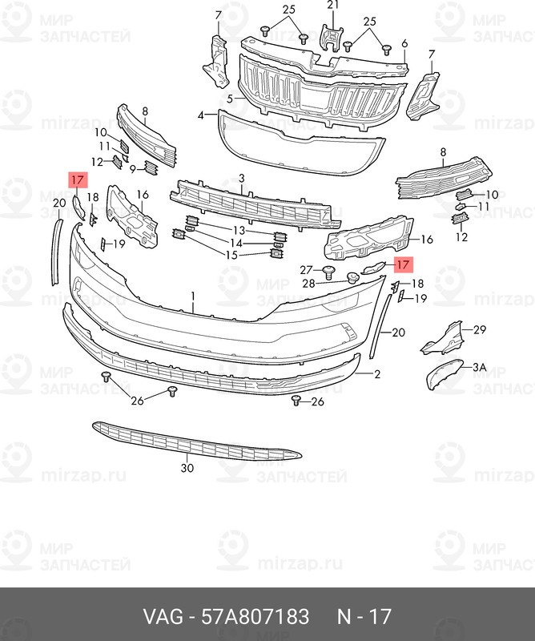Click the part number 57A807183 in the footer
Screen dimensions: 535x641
(255, 616)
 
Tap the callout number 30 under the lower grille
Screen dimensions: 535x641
(187, 468)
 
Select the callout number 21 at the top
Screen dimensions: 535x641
(333, 5)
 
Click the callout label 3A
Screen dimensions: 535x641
(480, 368)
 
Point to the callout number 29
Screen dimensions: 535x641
(480, 329)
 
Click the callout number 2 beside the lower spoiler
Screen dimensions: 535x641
(377, 374)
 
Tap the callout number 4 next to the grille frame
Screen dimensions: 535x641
(201, 115)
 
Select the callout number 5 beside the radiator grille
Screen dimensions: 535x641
(230, 99)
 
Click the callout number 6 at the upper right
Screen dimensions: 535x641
(404, 44)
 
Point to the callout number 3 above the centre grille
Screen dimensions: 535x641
(242, 178)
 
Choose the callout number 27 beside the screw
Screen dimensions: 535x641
(306, 270)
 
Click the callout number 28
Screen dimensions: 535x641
(308, 283)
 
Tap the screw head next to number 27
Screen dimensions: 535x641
(328, 272)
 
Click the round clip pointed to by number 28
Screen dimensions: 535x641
(352, 278)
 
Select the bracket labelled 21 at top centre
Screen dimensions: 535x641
(332, 38)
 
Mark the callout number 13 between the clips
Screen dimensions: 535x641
(239, 231)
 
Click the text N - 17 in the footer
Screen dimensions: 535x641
(364, 616)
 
